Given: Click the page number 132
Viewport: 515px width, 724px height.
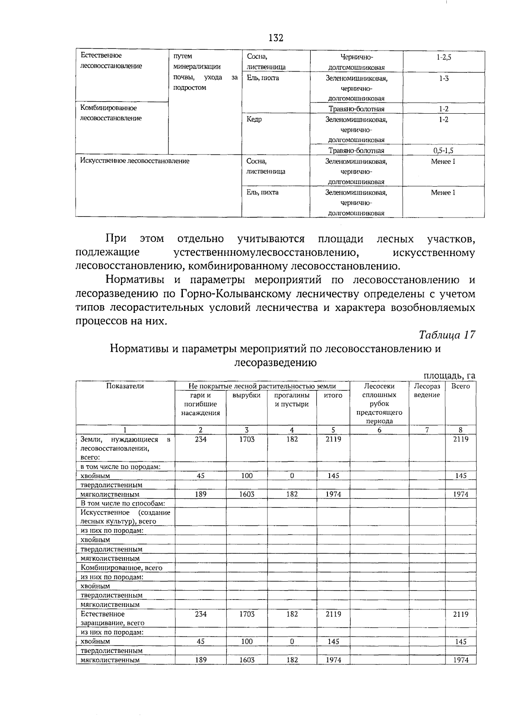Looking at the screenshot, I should (x=276, y=38).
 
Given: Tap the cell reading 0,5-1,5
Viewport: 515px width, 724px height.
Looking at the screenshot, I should (x=444, y=151).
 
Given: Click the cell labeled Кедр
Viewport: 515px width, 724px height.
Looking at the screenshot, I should (x=254, y=119).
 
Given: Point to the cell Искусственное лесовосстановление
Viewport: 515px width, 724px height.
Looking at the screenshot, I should (x=135, y=161).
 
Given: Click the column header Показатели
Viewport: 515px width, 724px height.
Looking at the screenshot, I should (x=125, y=386).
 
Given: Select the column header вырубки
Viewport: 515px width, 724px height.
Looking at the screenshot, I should (x=246, y=395).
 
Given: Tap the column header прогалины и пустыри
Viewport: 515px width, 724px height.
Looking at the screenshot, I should (x=292, y=400).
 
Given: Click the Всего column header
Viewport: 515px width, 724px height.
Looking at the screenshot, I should (x=460, y=386).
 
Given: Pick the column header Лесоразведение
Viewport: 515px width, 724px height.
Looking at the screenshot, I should (x=427, y=390).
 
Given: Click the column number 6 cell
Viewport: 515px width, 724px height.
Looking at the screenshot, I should (x=380, y=430).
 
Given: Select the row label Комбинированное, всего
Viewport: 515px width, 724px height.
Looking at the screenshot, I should (x=121, y=567).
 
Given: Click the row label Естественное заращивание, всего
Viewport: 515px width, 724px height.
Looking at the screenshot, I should (x=112, y=618).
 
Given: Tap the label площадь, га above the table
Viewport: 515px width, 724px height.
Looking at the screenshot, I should (x=449, y=376).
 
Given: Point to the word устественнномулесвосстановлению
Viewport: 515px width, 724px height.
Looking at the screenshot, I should (x=266, y=253).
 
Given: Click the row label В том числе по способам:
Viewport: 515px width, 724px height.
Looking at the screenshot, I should (x=123, y=503).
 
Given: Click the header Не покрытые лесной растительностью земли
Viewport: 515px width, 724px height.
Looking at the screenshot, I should (x=262, y=386).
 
